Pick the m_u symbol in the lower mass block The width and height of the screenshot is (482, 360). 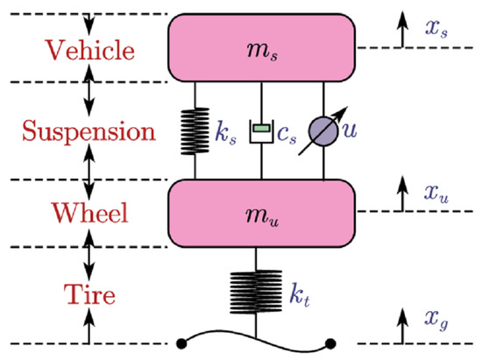(260, 213)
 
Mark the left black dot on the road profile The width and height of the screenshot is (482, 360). (181, 342)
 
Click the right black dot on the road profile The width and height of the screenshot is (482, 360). (330, 342)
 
